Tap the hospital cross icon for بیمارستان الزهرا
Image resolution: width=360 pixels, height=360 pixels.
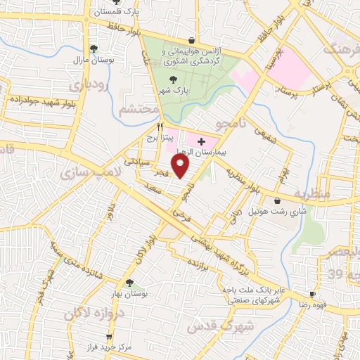tap(202, 141)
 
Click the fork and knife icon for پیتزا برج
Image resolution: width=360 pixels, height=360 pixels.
tap(160, 127)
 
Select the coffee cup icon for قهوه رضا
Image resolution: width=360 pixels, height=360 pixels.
tap(313, 295)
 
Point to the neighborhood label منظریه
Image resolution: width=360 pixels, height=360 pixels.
tap(311, 192)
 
